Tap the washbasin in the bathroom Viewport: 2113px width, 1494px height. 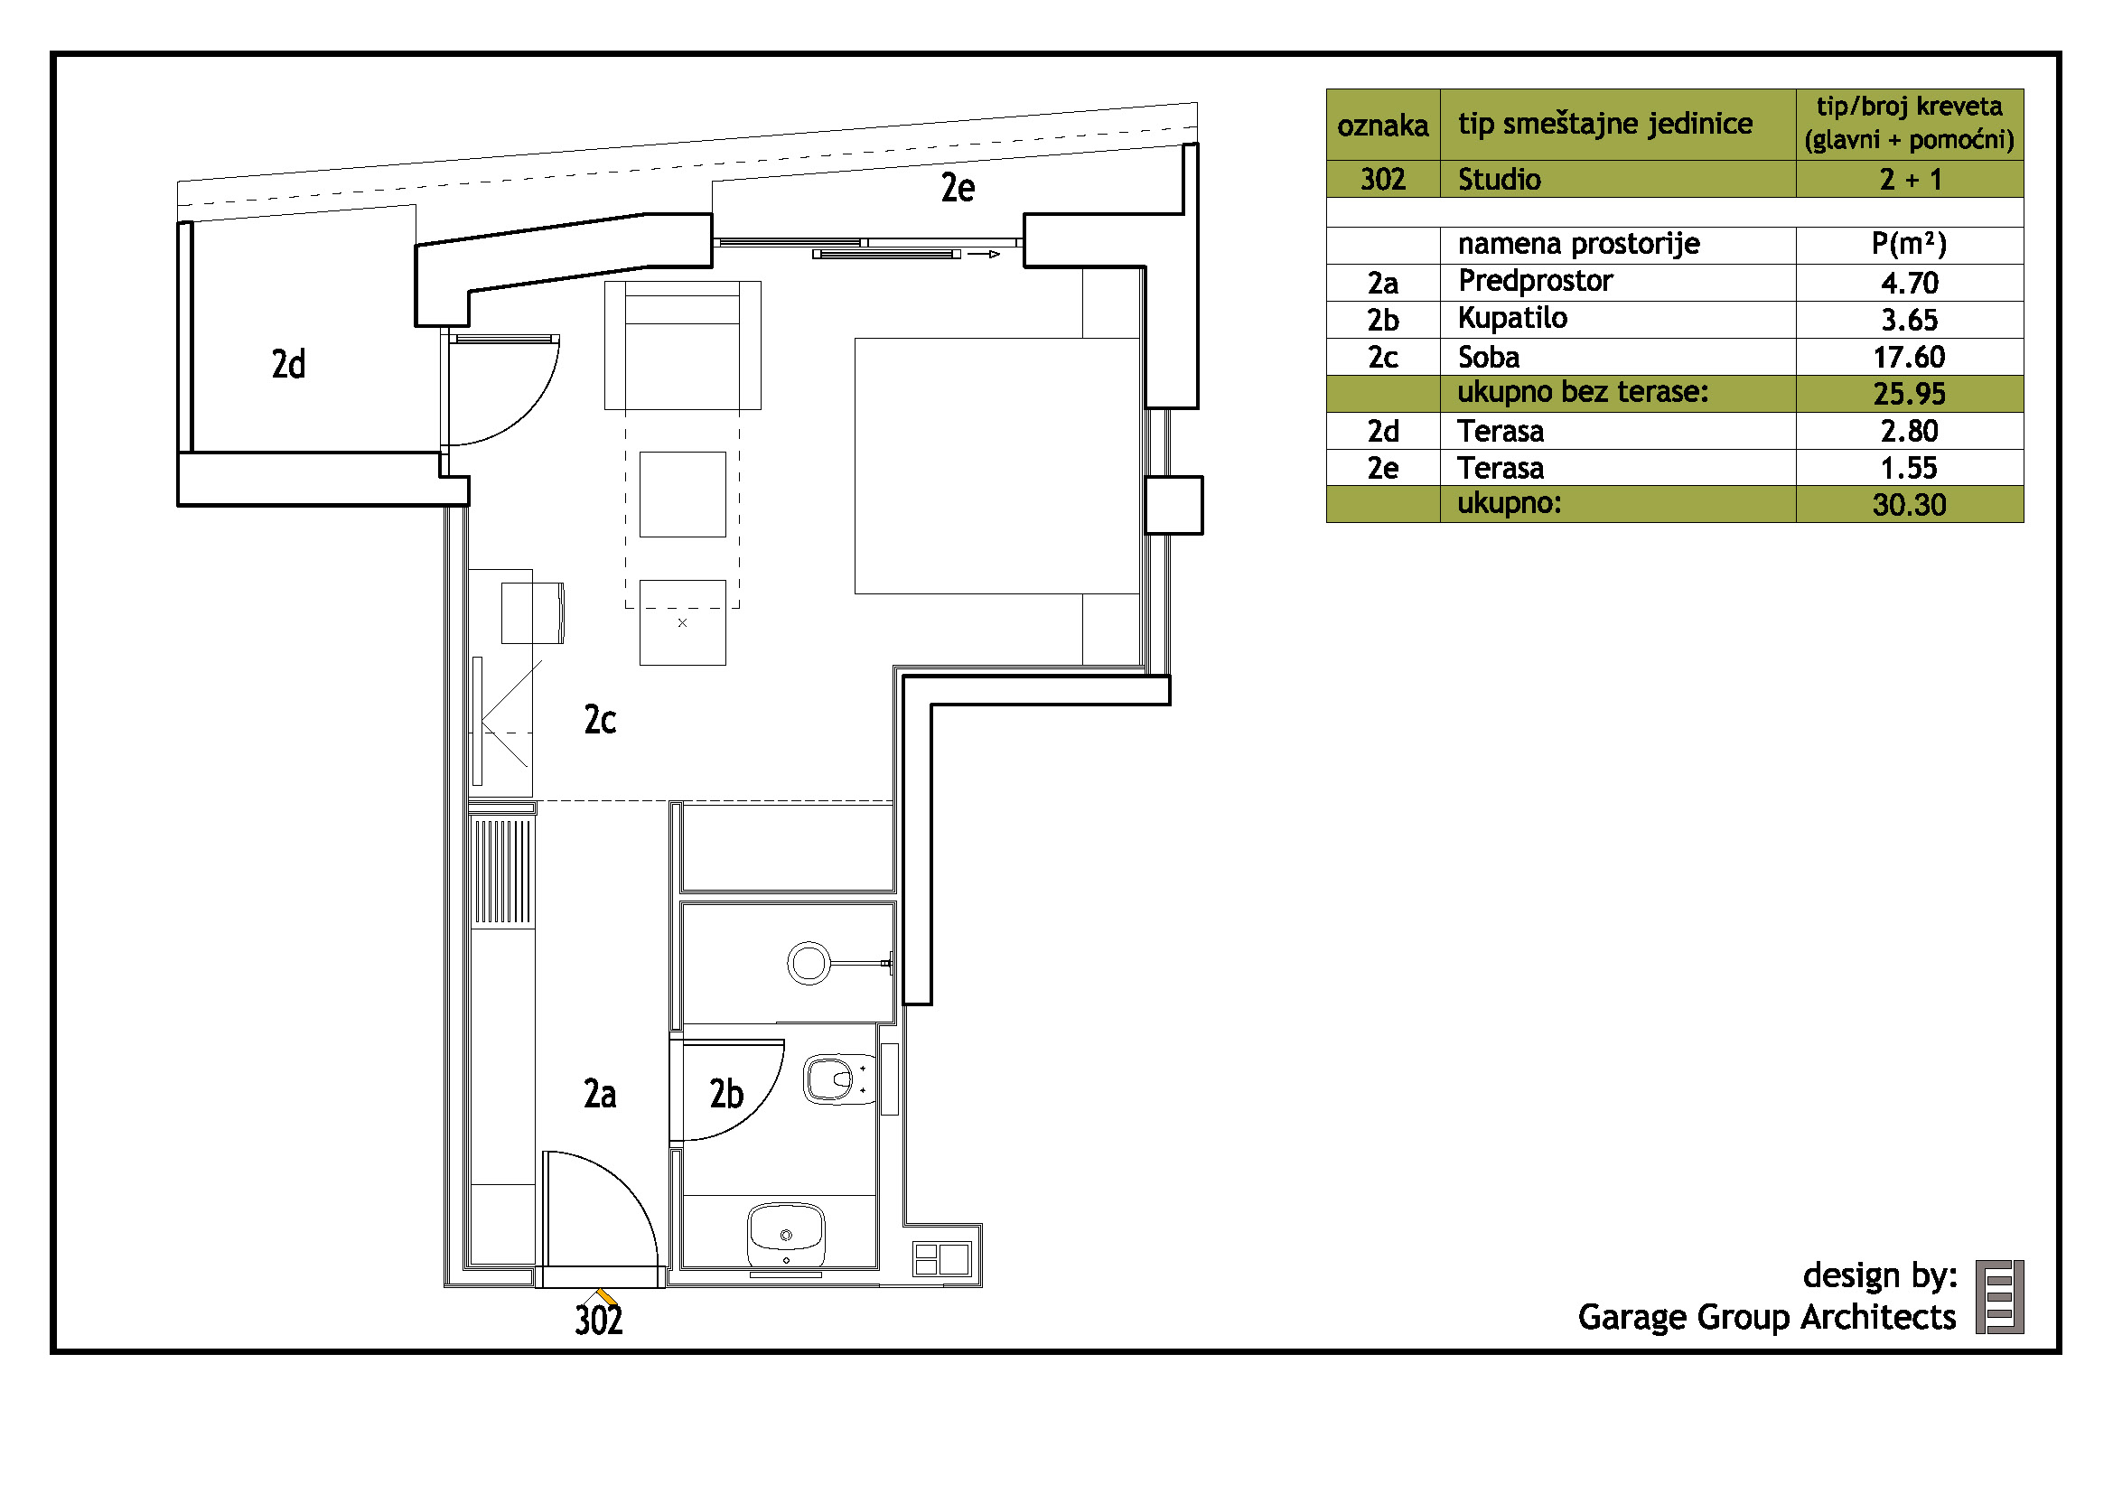[786, 1236]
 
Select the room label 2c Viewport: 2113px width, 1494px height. [600, 719]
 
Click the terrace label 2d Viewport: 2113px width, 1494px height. [289, 364]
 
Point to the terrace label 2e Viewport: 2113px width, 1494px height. [958, 188]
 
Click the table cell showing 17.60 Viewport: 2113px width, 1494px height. [1910, 357]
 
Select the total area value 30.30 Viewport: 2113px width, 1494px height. [1910, 505]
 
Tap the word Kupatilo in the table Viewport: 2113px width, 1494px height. [1512, 318]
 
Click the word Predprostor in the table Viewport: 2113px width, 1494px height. [1535, 281]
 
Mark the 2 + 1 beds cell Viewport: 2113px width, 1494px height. [1911, 180]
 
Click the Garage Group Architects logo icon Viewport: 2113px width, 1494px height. [2001, 1297]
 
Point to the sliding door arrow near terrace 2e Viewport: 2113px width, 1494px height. [984, 254]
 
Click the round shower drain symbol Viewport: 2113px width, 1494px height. [809, 963]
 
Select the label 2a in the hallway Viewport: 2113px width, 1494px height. [600, 1094]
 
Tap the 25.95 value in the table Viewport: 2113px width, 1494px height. [1910, 394]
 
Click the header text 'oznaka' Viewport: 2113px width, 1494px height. [1383, 126]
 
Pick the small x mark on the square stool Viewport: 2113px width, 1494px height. [682, 623]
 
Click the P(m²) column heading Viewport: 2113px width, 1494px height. [1910, 244]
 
